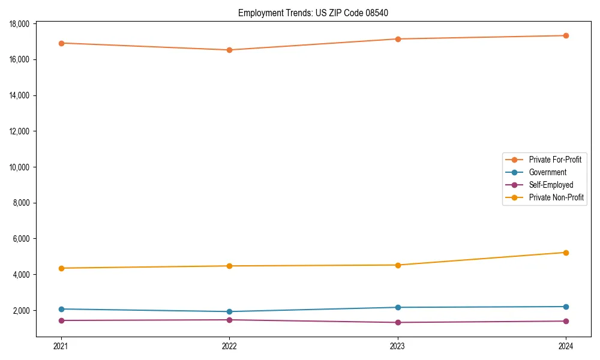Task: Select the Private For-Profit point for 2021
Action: tap(61, 43)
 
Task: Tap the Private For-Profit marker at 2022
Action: tap(229, 50)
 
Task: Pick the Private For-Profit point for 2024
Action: tap(566, 35)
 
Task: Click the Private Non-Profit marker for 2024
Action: tap(566, 253)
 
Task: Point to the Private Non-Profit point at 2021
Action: tap(61, 268)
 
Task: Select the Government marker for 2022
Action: tap(229, 311)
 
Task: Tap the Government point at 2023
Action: tap(398, 307)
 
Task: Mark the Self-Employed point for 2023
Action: tap(398, 322)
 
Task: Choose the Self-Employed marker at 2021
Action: tap(61, 320)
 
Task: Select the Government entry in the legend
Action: tap(547, 172)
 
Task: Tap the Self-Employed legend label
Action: tap(551, 185)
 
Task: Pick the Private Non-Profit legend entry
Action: tap(556, 197)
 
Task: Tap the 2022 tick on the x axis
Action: tap(229, 346)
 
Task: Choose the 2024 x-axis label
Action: tap(566, 346)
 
